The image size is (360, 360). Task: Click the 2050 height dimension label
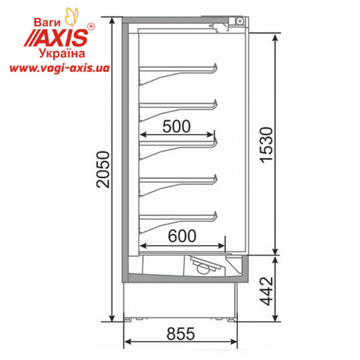coord(103,169)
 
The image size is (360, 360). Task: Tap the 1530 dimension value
coord(266,145)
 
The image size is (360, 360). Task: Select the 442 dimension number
coord(266,291)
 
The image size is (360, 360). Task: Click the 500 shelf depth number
coord(176,126)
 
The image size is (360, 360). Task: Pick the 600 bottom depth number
coord(182,236)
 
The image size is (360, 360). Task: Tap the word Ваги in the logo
coord(47,22)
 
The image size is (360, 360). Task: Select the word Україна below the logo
coord(62,54)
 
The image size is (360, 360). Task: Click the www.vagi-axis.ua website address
coord(60,68)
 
